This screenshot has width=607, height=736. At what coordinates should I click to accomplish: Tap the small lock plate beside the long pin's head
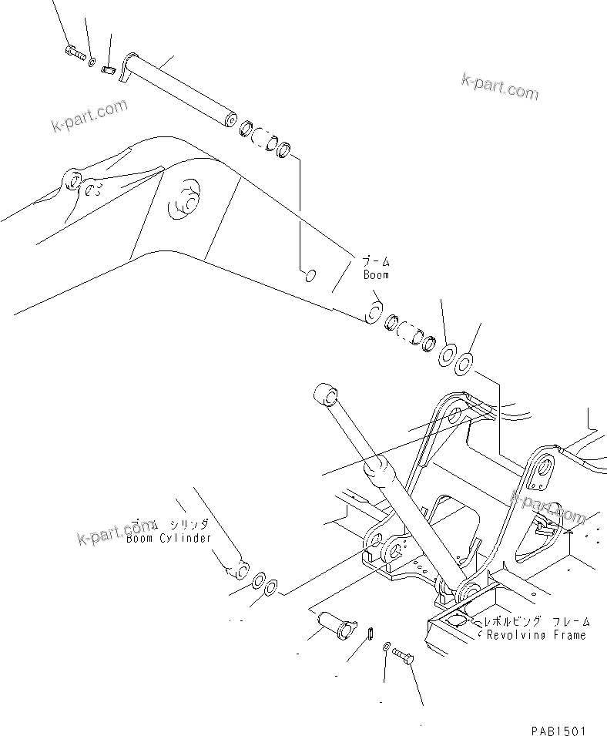click(108, 69)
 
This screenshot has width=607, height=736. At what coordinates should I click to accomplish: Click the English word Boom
click(376, 274)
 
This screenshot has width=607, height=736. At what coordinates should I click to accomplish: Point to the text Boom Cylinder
click(169, 538)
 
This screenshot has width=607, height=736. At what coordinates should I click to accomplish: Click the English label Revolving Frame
click(535, 635)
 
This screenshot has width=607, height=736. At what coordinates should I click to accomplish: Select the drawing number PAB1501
click(558, 728)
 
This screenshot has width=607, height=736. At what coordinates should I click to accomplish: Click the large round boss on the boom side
click(186, 196)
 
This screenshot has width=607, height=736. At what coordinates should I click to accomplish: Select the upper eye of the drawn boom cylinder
click(324, 395)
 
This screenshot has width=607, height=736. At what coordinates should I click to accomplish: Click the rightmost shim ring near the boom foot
click(464, 361)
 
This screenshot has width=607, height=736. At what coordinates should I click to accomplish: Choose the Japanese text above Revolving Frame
click(536, 620)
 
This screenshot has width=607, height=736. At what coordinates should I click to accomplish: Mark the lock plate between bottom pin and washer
click(369, 634)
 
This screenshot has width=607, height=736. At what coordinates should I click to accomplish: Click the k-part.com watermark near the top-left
click(89, 116)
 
